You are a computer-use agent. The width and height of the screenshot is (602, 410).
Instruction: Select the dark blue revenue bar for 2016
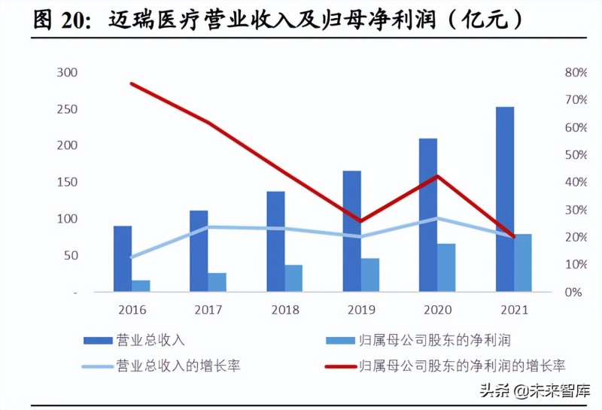tap(123, 258)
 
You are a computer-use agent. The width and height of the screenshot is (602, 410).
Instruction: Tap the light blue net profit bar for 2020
tap(446, 267)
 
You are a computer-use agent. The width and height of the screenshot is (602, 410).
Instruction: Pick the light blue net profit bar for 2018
tap(293, 278)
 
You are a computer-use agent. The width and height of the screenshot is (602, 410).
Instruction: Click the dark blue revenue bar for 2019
tap(351, 230)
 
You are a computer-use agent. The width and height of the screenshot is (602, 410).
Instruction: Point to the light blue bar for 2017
tap(217, 281)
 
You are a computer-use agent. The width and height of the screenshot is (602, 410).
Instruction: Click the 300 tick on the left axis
tap(68, 73)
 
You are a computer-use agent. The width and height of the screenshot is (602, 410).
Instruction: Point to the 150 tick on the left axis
tap(68, 183)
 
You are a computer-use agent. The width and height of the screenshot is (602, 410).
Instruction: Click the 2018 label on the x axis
tap(284, 309)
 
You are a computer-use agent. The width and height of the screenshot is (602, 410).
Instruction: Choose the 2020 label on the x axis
tap(437, 309)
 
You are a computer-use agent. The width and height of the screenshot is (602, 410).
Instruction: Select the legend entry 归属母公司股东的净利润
tap(436, 340)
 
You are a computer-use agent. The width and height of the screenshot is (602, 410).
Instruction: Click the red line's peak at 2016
tap(132, 84)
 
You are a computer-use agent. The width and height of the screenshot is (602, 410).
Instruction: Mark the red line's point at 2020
tap(437, 176)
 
